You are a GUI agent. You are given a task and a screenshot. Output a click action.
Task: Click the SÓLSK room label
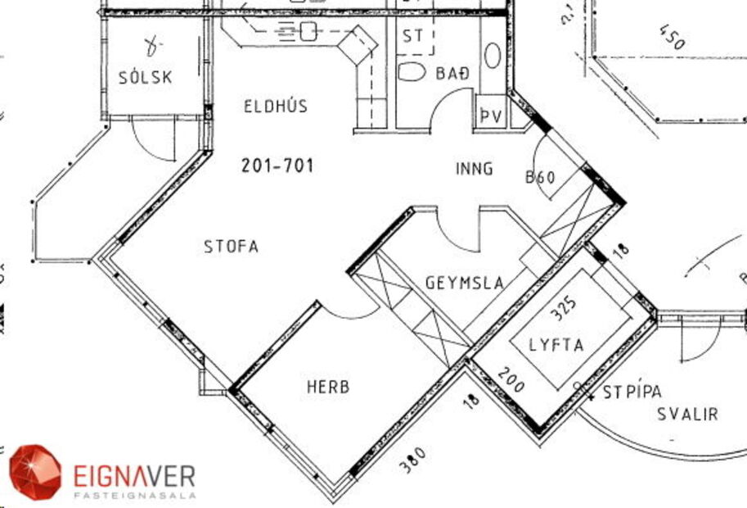(145, 78)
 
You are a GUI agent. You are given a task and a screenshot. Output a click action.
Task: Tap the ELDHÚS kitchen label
(275, 106)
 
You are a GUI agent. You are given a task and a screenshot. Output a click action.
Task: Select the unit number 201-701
(277, 166)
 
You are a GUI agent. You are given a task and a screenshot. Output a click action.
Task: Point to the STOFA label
(231, 246)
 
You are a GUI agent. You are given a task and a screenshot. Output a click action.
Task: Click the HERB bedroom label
(328, 386)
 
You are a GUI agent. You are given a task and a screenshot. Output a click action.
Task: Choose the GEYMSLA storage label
(464, 283)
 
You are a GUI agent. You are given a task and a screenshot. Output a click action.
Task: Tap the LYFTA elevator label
(556, 345)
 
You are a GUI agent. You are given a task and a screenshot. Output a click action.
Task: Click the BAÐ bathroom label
(452, 74)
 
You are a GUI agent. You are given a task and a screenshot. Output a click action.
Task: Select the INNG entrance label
(474, 169)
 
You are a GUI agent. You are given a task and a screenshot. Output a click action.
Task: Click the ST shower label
(412, 37)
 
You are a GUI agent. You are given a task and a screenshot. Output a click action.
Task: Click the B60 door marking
(540, 177)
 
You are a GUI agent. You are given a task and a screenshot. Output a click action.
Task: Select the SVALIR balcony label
(687, 414)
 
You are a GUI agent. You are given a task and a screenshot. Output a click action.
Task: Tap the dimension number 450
(670, 37)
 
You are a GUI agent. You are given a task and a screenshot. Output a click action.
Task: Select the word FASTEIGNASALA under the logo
(135, 495)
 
